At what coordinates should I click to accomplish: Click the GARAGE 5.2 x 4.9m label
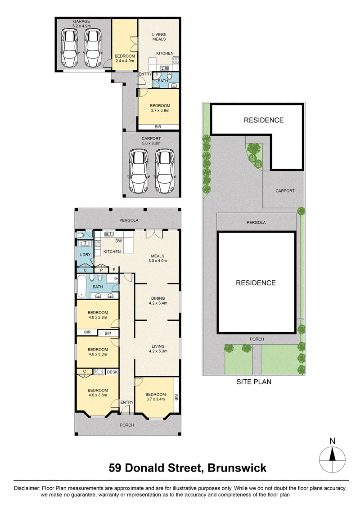click(81, 24)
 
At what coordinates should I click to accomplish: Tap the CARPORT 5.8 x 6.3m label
click(151, 140)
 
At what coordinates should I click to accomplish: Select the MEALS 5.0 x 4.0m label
click(157, 258)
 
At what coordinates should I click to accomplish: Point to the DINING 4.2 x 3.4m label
click(158, 301)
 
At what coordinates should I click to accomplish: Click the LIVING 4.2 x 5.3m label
click(158, 349)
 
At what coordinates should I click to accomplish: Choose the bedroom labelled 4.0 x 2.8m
click(98, 315)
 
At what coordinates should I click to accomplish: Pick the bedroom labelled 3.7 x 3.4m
click(156, 396)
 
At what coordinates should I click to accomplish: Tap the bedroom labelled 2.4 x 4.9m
click(125, 58)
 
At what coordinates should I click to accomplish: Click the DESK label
click(112, 372)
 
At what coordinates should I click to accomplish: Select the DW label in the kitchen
click(119, 241)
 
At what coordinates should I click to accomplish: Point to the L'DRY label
click(85, 255)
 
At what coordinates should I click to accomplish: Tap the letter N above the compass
click(332, 441)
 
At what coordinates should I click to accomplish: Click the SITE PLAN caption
click(254, 382)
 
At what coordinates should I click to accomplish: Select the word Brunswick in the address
click(237, 468)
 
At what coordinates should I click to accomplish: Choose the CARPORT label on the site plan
click(285, 191)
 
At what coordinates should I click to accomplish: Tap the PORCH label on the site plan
click(256, 339)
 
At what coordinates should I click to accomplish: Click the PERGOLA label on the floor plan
click(129, 220)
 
